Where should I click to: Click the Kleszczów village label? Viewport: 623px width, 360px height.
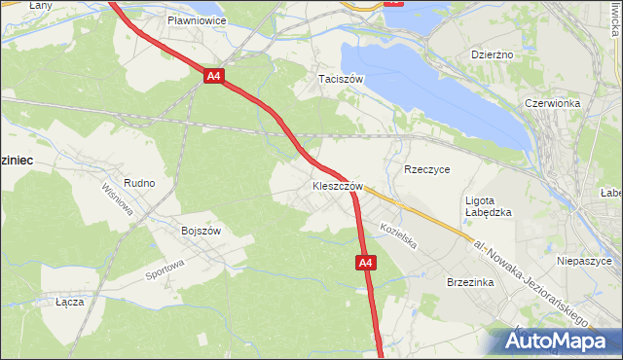338,185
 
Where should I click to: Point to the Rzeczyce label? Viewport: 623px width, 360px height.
426,168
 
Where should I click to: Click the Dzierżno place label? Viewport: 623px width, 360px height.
492,55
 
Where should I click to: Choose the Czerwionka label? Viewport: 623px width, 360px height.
552,103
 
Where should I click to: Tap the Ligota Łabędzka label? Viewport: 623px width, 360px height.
488,205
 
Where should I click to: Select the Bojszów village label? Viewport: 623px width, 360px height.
202,231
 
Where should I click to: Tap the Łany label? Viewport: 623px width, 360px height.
14,6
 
